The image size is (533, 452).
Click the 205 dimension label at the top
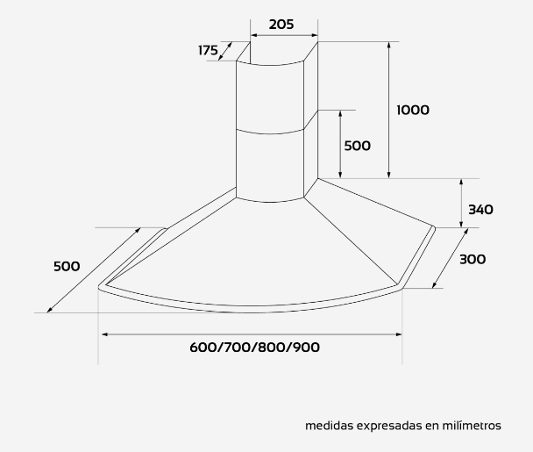(x=281, y=25)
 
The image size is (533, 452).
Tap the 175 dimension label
(x=208, y=50)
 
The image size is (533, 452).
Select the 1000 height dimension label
(x=413, y=110)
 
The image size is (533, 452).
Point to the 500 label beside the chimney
(x=358, y=146)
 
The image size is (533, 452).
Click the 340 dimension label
(x=480, y=209)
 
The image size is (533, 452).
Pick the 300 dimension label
(x=473, y=260)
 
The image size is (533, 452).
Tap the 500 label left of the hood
(x=67, y=266)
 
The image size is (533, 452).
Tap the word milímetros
(x=472, y=426)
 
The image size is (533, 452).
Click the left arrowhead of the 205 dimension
(x=253, y=35)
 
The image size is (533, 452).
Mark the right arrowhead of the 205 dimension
(x=315, y=35)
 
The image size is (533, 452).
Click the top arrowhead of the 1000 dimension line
(x=389, y=45)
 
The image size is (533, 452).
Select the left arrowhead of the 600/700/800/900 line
(x=105, y=334)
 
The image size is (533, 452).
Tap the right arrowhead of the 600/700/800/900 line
(x=399, y=334)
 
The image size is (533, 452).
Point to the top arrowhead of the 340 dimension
(x=461, y=182)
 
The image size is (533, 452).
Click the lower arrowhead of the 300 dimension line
(x=434, y=285)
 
